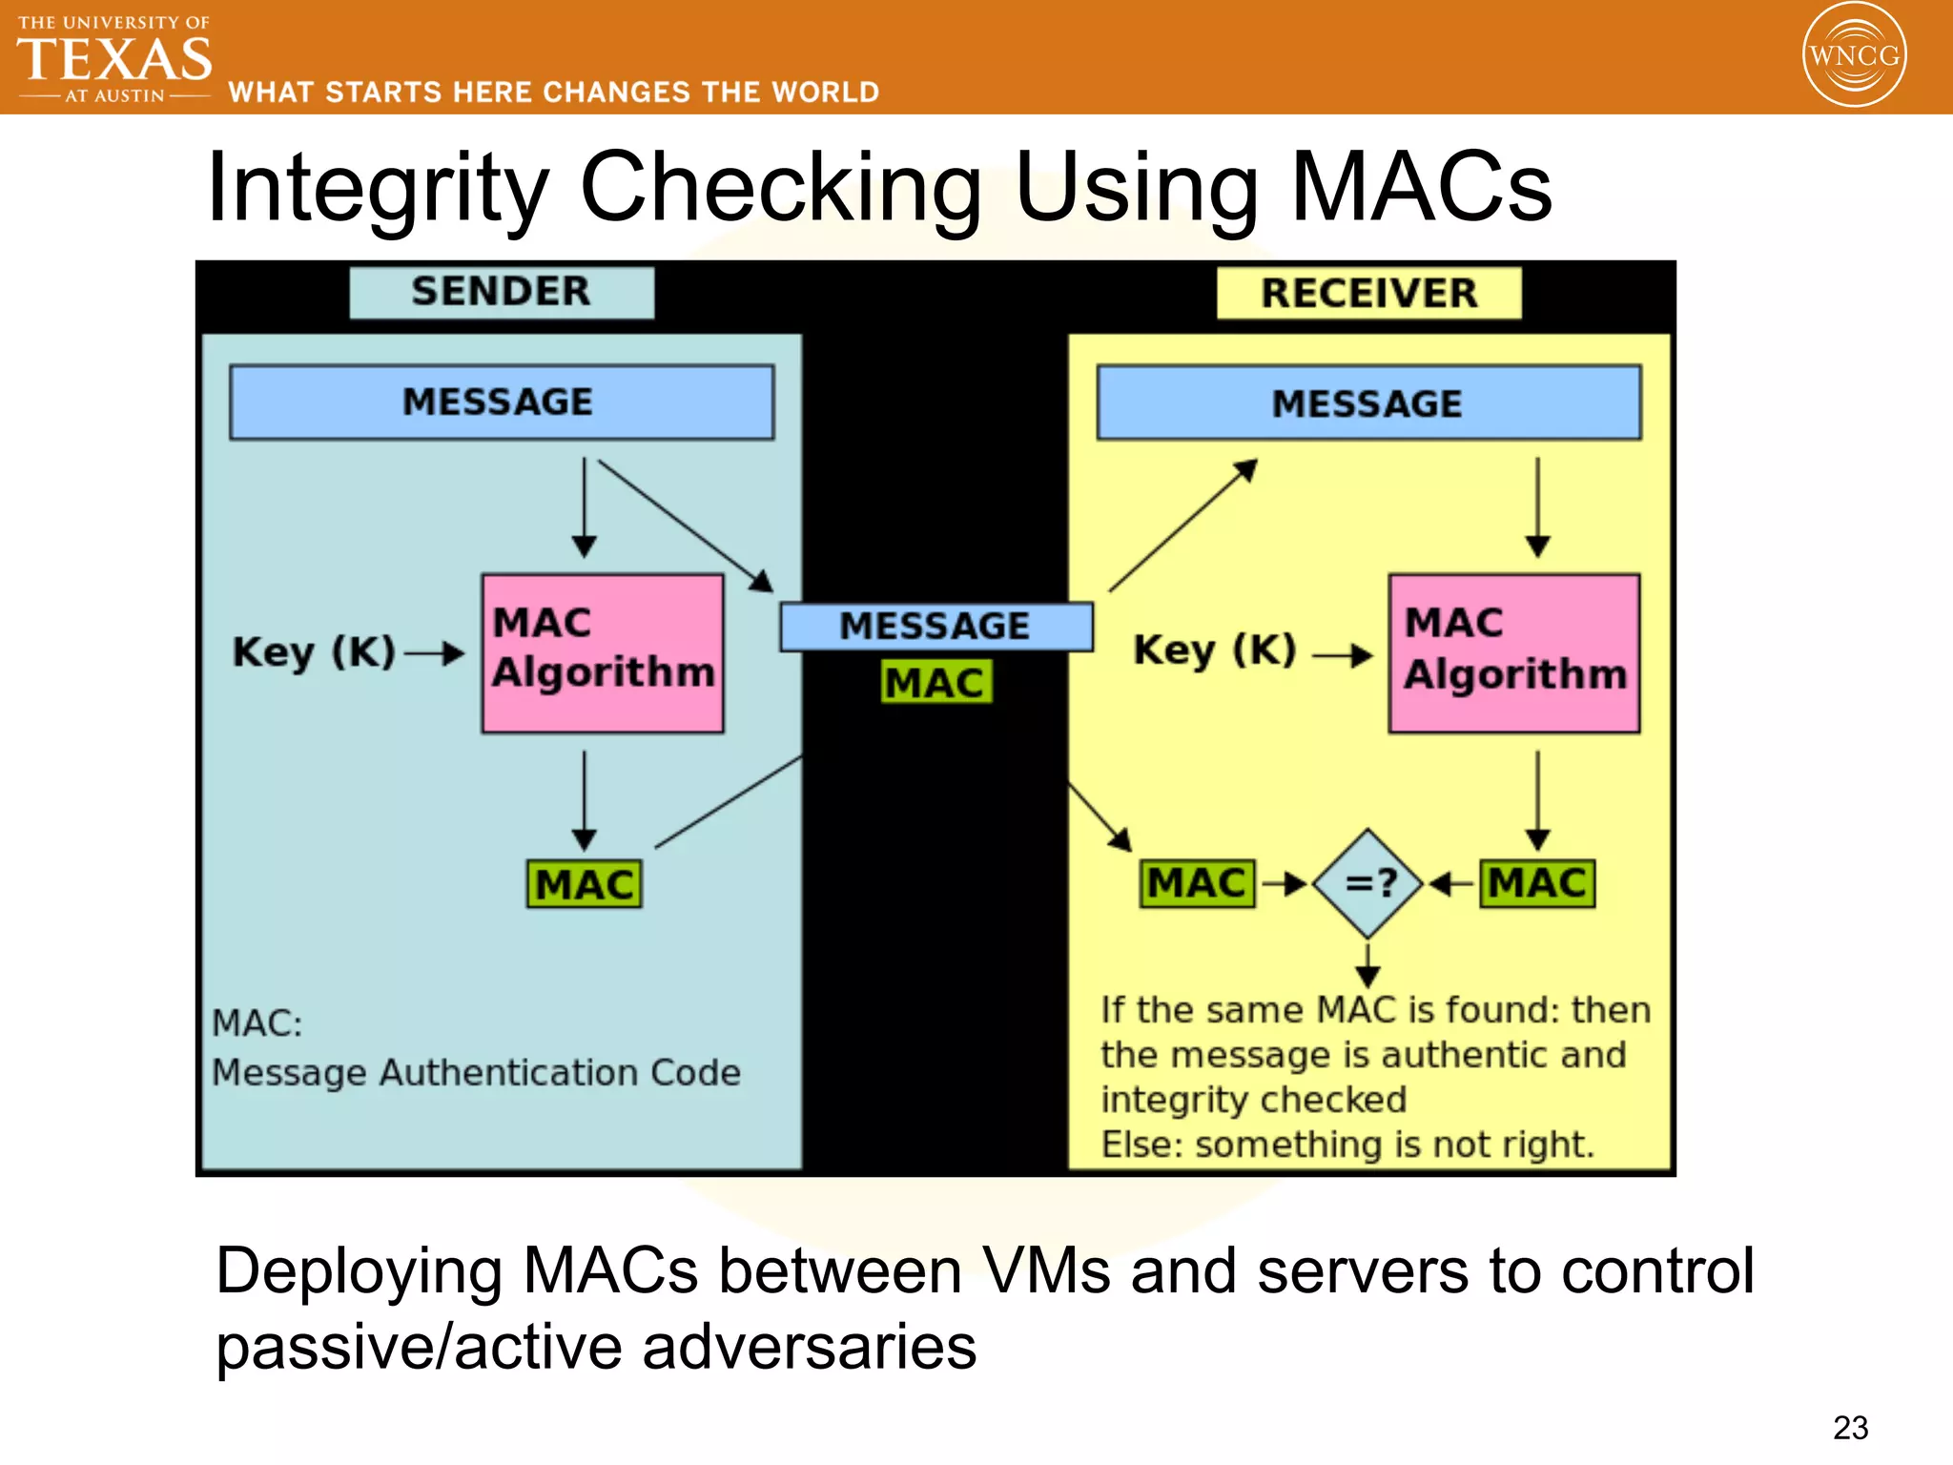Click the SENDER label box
(x=502, y=292)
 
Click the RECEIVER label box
(x=1368, y=294)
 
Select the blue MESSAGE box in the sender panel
(x=502, y=402)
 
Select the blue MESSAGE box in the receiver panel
(x=1368, y=402)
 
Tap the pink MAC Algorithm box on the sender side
(x=603, y=652)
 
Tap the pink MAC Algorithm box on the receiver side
(x=1513, y=652)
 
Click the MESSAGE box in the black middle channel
(x=935, y=627)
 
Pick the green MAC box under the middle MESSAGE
(x=935, y=683)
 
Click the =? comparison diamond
(x=1368, y=883)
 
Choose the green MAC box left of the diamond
(x=1197, y=883)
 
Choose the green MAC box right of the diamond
(x=1537, y=883)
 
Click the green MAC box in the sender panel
(x=585, y=884)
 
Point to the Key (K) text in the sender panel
(x=314, y=653)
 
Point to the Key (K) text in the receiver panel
(x=1214, y=651)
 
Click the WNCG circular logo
(x=1854, y=54)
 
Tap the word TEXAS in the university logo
(x=114, y=59)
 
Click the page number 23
(x=1850, y=1428)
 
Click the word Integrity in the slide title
(x=378, y=189)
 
